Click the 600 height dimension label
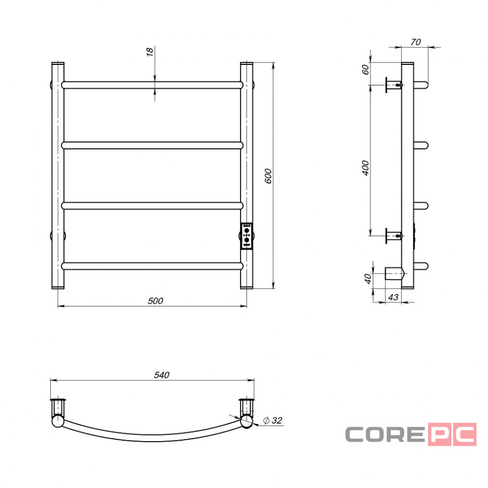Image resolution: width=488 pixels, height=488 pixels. [x=268, y=176]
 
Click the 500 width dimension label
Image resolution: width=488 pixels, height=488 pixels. [x=155, y=301]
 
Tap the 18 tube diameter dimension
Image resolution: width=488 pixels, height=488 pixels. [x=150, y=52]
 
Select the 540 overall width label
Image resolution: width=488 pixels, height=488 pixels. [x=162, y=375]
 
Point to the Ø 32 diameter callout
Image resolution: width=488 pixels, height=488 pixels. [x=272, y=421]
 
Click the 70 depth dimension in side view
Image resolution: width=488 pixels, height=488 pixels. [x=416, y=42]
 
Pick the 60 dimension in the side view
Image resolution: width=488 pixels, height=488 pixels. [x=365, y=69]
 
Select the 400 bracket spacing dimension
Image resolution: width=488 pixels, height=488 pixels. [x=365, y=168]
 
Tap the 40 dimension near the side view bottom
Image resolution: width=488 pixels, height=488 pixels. [x=368, y=279]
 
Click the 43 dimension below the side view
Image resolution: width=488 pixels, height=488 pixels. [x=393, y=297]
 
